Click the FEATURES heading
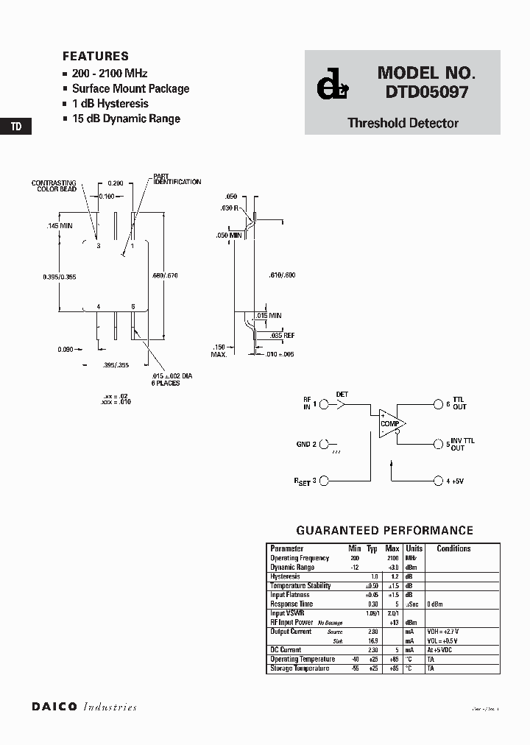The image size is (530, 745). pyautogui.click(x=96, y=56)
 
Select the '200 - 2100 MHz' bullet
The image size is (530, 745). pyautogui.click(x=110, y=74)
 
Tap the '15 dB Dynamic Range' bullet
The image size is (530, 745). pyautogui.click(x=126, y=119)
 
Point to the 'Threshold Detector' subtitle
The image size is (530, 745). pyautogui.click(x=403, y=123)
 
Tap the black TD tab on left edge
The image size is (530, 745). pyautogui.click(x=16, y=127)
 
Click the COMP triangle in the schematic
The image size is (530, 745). pyautogui.click(x=390, y=424)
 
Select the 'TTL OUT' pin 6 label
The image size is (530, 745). pyautogui.click(x=459, y=404)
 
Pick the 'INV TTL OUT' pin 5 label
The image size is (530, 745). pyautogui.click(x=462, y=444)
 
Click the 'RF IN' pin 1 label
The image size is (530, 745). pyautogui.click(x=307, y=403)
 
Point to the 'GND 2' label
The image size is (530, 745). pyautogui.click(x=305, y=444)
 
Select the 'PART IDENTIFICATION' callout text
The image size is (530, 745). pyautogui.click(x=177, y=179)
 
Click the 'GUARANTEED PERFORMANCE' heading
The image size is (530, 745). pyautogui.click(x=384, y=530)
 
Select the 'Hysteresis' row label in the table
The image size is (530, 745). pyautogui.click(x=286, y=576)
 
